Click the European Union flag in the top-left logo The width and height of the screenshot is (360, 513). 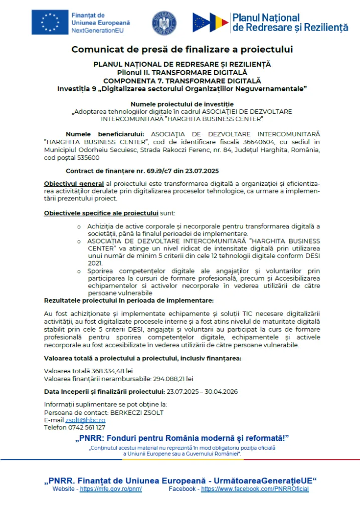click(50, 23)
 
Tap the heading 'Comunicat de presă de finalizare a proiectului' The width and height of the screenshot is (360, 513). click(182, 49)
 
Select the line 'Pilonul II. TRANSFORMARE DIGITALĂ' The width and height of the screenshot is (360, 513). click(182, 72)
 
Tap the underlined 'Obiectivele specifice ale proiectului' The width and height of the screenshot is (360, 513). click(101, 213)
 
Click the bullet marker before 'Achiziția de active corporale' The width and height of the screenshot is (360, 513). click(79, 227)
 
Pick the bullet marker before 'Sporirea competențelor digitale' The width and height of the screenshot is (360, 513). click(79, 271)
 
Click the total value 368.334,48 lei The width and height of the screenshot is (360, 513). click(102, 370)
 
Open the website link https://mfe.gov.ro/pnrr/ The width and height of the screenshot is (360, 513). click(111, 489)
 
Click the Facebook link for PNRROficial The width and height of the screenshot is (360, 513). click(255, 489)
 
